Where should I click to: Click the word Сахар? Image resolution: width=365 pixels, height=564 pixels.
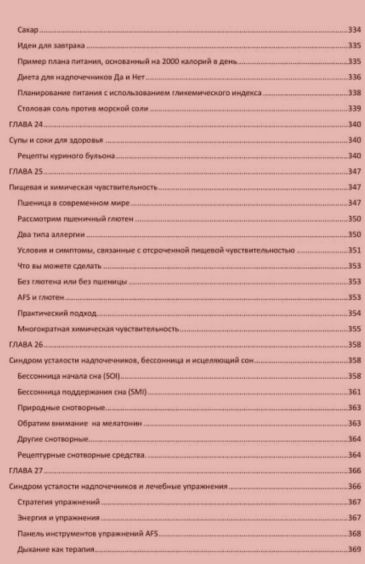pyautogui.click(x=28, y=30)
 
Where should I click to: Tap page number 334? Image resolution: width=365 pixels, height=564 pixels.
pyautogui.click(x=355, y=30)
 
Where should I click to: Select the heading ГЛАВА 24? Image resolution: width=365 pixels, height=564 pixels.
pyautogui.click(x=26, y=124)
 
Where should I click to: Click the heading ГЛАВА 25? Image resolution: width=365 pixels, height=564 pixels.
pyautogui.click(x=26, y=171)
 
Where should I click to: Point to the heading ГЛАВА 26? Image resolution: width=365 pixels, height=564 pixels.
pyautogui.click(x=26, y=345)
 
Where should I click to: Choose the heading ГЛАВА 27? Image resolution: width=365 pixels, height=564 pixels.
pyautogui.click(x=26, y=471)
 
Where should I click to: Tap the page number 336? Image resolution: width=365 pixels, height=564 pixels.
pyautogui.click(x=355, y=77)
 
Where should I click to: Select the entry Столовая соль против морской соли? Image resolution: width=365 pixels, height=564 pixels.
pyautogui.click(x=83, y=109)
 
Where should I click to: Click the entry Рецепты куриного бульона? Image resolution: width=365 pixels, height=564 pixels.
pyautogui.click(x=66, y=156)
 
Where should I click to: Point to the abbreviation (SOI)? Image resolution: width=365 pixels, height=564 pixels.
pyautogui.click(x=111, y=376)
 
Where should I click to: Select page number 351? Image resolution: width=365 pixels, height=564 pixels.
pyautogui.click(x=355, y=250)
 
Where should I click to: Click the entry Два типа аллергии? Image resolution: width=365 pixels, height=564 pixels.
pyautogui.click(x=51, y=235)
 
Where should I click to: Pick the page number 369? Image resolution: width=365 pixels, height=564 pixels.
pyautogui.click(x=355, y=549)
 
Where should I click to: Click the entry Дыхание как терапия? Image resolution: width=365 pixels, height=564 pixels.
pyautogui.click(x=56, y=549)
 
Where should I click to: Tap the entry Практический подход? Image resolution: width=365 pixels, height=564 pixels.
pyautogui.click(x=57, y=313)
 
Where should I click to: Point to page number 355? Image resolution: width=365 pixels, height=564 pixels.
pyautogui.click(x=355, y=329)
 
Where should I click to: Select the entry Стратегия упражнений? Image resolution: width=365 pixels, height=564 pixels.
pyautogui.click(x=59, y=502)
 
